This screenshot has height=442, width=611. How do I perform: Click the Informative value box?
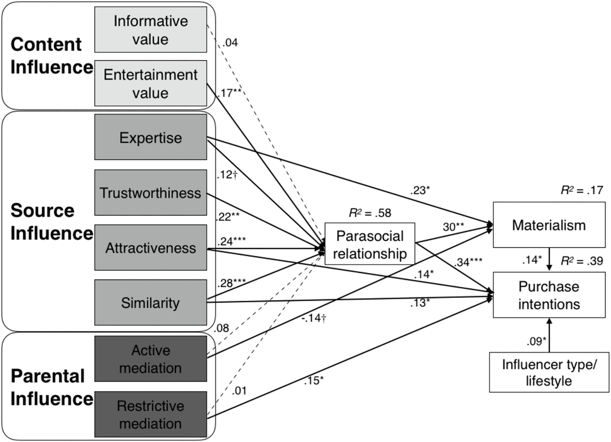point(151,30)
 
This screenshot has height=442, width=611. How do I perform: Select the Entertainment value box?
point(151,83)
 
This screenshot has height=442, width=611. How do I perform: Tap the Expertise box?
point(151,137)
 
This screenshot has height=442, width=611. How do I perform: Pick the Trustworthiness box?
point(151,193)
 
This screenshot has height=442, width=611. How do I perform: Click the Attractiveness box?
point(151,248)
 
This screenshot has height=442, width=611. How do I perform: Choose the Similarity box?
point(151,302)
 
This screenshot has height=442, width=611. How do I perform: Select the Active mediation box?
point(151,358)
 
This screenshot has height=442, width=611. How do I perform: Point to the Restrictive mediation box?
point(151,414)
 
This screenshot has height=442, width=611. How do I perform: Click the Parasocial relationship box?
point(370,244)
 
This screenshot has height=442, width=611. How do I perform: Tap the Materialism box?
point(549,225)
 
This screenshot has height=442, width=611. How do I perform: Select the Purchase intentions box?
point(549,295)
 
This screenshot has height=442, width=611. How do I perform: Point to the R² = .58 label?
point(370,213)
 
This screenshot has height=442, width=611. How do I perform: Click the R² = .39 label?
point(582,261)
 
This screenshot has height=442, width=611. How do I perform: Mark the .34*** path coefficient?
point(468,262)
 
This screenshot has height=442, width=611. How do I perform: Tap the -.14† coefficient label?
point(314,318)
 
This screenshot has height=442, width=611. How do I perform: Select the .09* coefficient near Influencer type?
point(536,341)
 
